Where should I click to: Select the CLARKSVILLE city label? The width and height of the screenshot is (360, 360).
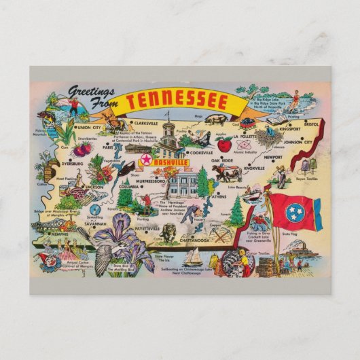coord(150,123)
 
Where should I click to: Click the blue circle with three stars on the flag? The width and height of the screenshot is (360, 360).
coord(295,211)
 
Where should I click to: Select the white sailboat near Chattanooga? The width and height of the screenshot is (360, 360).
coord(194,257)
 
